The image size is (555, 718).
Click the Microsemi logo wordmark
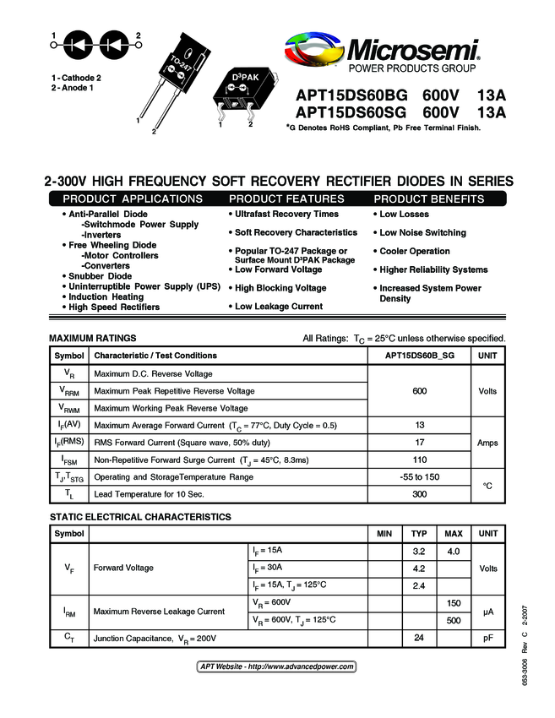tap(411, 48)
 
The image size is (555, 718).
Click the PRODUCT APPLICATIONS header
tap(133, 199)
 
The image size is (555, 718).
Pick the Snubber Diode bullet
tap(99, 276)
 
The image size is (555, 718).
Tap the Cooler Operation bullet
tap(413, 251)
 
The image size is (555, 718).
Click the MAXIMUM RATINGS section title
tap(93, 338)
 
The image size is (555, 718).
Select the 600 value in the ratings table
tap(420, 391)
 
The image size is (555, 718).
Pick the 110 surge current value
tap(420, 460)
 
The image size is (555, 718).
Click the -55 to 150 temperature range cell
tap(420, 477)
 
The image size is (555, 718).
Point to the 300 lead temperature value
tap(420, 494)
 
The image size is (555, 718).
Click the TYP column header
tap(418, 534)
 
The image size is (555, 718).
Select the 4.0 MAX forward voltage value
tap(454, 552)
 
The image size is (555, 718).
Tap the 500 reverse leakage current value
tap(454, 620)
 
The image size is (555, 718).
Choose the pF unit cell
tap(488, 638)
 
